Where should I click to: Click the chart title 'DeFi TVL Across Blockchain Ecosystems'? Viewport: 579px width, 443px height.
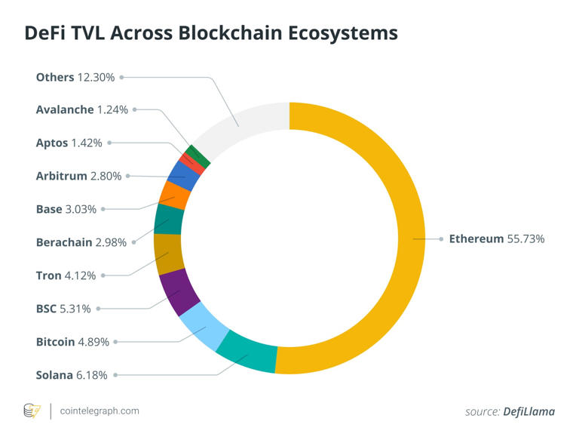click(x=211, y=33)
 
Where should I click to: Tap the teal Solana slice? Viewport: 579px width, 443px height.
click(x=247, y=352)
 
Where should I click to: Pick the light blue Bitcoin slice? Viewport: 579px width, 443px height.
click(x=204, y=325)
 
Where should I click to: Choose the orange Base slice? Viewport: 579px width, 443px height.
click(x=175, y=195)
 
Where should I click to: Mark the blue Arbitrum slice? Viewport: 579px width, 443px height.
click(x=183, y=175)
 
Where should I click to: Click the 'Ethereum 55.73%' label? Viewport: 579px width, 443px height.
click(x=496, y=238)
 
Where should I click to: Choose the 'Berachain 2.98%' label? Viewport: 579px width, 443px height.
click(x=82, y=242)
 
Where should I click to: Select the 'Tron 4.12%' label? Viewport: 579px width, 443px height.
click(x=66, y=275)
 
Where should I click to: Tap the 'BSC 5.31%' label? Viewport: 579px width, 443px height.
click(x=63, y=309)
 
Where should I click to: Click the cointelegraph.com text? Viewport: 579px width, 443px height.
click(x=100, y=411)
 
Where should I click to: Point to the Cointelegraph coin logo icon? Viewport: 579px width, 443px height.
click(x=32, y=411)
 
